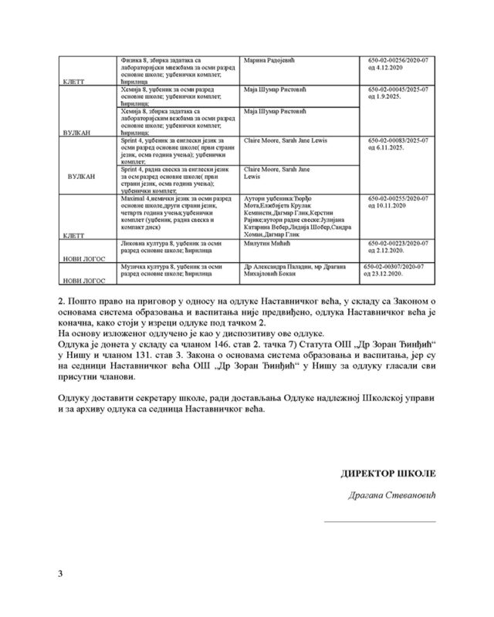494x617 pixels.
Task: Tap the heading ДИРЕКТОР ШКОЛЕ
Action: (388, 471)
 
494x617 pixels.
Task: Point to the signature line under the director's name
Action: (379, 521)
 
